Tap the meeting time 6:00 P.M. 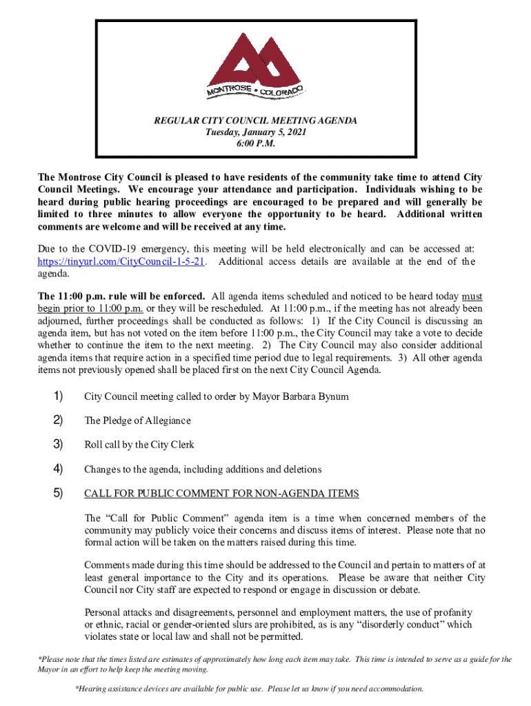255,145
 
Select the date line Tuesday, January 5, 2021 255,132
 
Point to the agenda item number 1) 58,396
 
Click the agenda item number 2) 58,421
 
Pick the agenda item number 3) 58,445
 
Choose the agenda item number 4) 58,470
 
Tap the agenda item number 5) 58,494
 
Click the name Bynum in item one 334,397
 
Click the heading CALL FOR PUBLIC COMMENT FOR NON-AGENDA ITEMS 221,494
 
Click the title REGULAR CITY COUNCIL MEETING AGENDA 255,121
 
